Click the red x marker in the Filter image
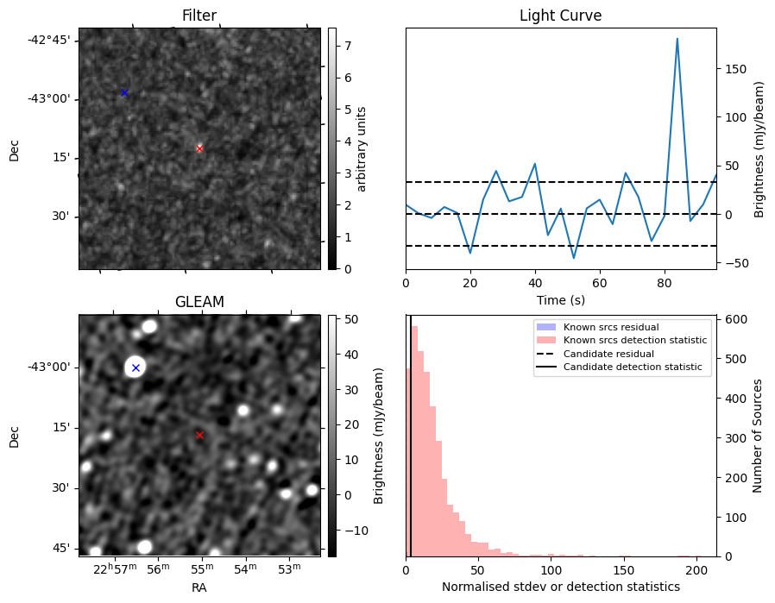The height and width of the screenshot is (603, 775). [199, 148]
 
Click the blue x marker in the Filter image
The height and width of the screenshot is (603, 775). [123, 92]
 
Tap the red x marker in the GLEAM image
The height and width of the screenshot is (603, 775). [199, 435]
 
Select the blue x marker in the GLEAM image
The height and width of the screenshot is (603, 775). [135, 367]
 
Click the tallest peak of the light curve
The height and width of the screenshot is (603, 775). [677, 39]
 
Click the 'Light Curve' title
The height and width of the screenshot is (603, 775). [560, 16]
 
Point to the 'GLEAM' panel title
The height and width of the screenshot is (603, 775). [198, 302]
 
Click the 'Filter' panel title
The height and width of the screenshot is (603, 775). [198, 16]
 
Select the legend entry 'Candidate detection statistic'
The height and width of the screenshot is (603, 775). [634, 367]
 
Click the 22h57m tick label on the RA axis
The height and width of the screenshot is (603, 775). [115, 568]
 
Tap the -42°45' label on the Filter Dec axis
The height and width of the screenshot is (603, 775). [49, 40]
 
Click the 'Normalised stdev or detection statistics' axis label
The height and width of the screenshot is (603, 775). [560, 587]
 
